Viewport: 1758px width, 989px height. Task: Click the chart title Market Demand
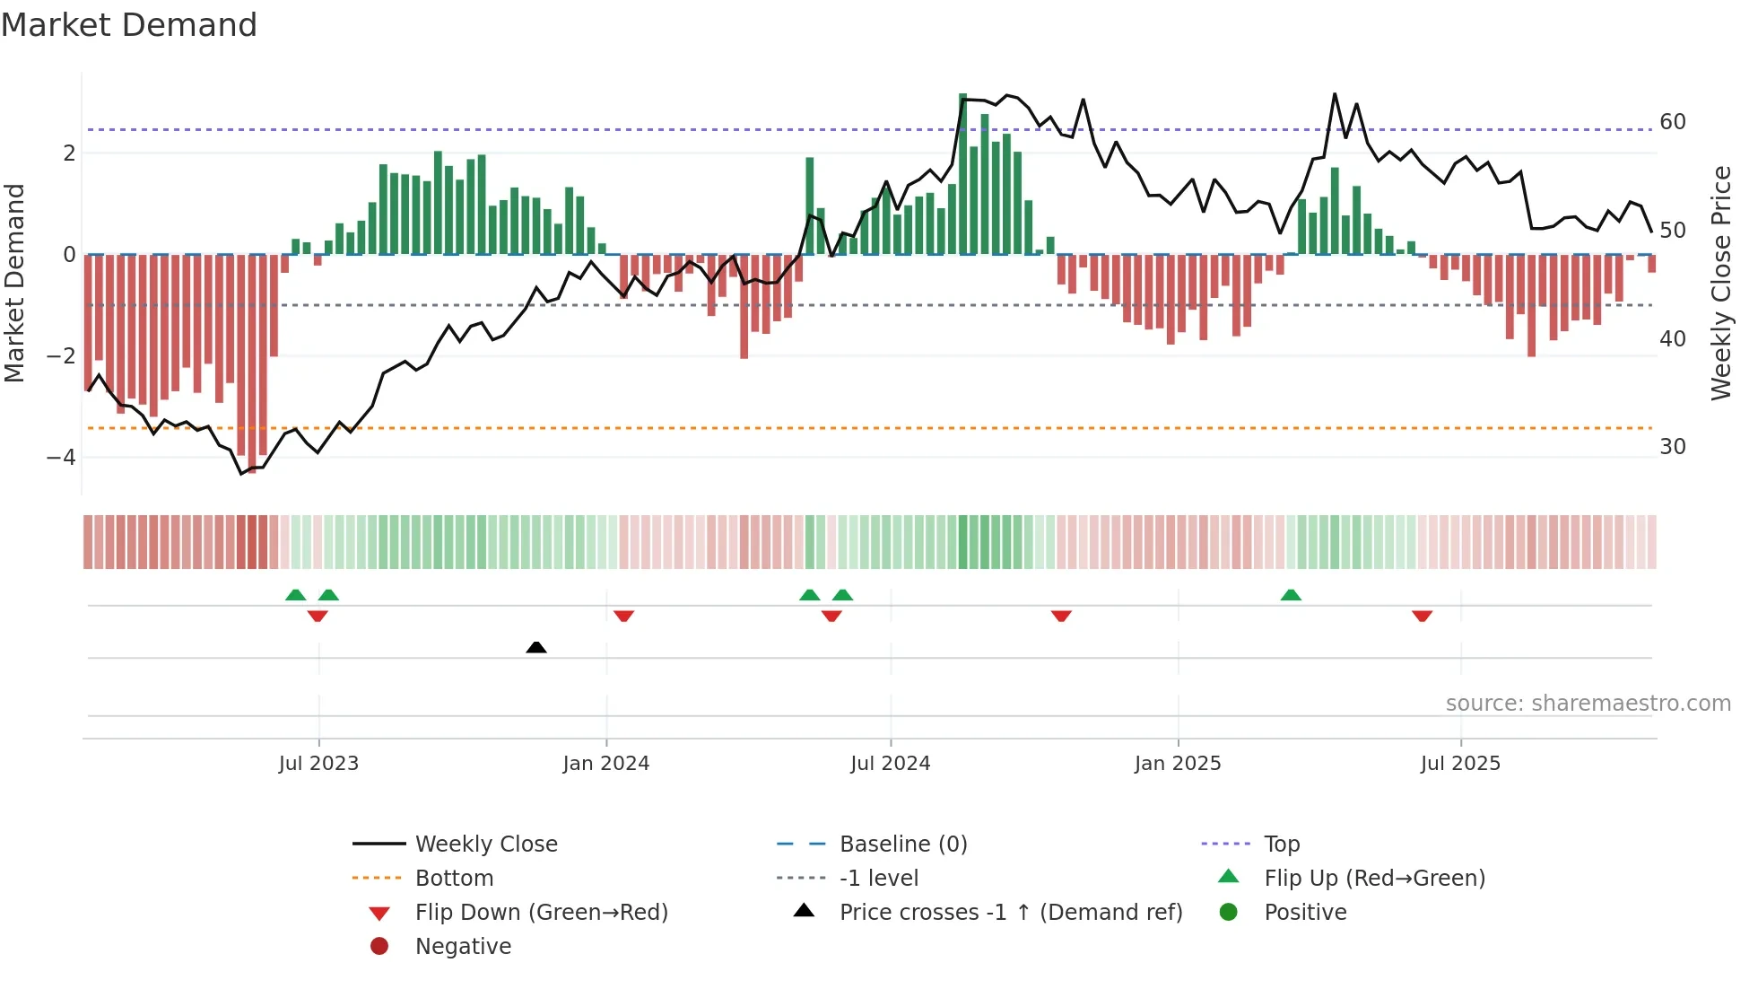pyautogui.click(x=129, y=25)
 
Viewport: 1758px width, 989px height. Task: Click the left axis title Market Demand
pyautogui.click(x=14, y=283)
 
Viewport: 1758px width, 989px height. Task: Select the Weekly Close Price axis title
pyautogui.click(x=1720, y=283)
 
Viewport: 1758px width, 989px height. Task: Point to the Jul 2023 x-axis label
pyautogui.click(x=318, y=764)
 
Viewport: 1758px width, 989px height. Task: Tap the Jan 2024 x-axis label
pyautogui.click(x=606, y=764)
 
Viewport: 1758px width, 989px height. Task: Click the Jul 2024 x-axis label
pyautogui.click(x=891, y=764)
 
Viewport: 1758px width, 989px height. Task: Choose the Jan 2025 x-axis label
pyautogui.click(x=1178, y=764)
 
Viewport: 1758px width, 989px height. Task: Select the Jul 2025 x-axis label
pyautogui.click(x=1460, y=764)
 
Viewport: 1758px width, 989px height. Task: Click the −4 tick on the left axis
pyautogui.click(x=61, y=458)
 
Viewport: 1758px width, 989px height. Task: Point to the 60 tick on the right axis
pyautogui.click(x=1673, y=122)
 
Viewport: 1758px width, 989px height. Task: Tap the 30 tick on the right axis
pyautogui.click(x=1673, y=447)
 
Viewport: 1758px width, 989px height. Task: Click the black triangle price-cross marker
pyautogui.click(x=536, y=647)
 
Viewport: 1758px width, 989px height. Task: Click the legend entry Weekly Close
pyautogui.click(x=486, y=845)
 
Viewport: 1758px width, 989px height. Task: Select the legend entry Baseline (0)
pyautogui.click(x=903, y=845)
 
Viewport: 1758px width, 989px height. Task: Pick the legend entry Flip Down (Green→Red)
pyautogui.click(x=541, y=913)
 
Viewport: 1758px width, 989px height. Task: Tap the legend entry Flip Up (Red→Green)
pyautogui.click(x=1374, y=879)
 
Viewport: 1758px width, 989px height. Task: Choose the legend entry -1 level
pyautogui.click(x=879, y=879)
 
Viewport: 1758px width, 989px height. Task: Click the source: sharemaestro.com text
pyautogui.click(x=1588, y=704)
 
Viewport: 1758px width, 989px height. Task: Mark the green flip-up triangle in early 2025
pyautogui.click(x=1291, y=595)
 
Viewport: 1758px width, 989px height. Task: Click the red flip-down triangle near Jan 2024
pyautogui.click(x=624, y=616)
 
